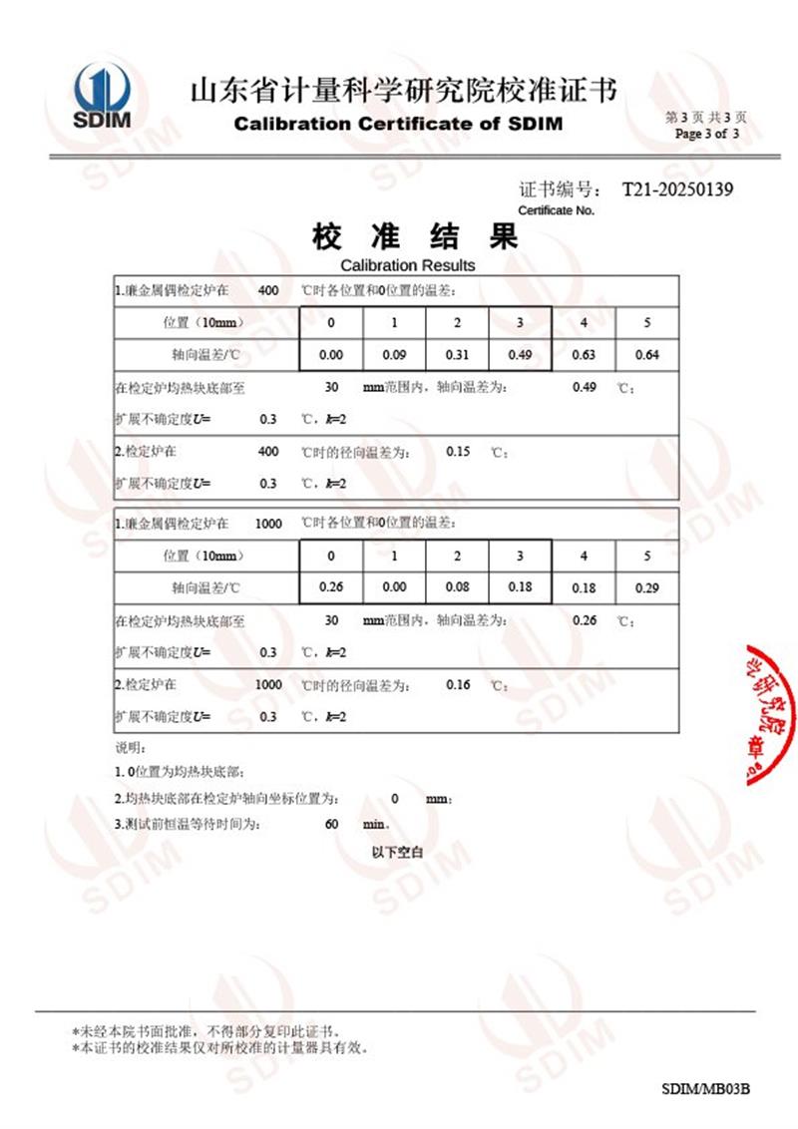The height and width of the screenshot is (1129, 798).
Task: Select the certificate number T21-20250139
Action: (677, 189)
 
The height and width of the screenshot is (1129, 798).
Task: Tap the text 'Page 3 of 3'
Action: (707, 134)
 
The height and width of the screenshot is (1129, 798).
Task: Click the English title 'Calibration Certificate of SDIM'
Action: (398, 124)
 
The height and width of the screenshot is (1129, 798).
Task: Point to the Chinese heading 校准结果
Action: (415, 237)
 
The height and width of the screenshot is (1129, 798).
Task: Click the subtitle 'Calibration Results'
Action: (407, 265)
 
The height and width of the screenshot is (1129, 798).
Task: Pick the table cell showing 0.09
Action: (394, 355)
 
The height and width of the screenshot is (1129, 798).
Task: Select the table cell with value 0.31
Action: (457, 355)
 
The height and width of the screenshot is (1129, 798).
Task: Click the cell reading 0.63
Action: (584, 355)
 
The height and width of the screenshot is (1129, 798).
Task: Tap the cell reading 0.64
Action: (646, 355)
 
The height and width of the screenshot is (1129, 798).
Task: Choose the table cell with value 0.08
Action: (457, 587)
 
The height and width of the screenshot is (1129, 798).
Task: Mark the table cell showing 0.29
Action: (646, 588)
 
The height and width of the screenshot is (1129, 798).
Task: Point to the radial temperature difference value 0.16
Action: (458, 684)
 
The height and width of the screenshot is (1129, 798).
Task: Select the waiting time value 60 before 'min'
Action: (332, 825)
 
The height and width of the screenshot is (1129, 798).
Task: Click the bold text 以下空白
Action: (398, 853)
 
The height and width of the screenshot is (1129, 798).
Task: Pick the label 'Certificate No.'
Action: (556, 210)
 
